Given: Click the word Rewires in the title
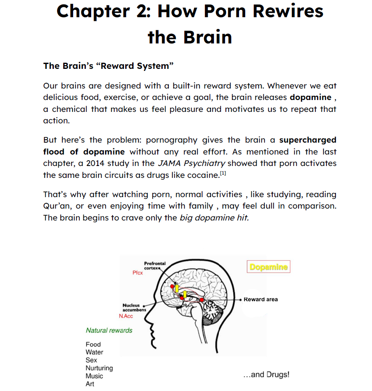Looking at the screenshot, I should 288,11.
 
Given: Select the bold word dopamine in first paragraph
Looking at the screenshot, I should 310,98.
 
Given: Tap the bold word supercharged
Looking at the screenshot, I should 308,140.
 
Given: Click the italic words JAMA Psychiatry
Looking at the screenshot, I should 191,163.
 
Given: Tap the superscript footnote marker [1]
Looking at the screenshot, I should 223,173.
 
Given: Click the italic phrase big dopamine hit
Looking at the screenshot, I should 214,218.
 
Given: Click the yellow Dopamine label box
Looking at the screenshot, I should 269,267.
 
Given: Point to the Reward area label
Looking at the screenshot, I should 260,300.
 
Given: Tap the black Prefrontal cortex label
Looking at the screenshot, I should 154,265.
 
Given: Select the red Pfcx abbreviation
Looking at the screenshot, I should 138,273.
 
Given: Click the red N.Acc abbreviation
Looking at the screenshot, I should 126,316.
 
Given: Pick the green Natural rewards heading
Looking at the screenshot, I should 109,330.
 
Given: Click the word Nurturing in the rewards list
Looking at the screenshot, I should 99,368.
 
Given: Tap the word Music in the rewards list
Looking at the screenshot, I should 94,376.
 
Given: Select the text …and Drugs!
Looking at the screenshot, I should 266,375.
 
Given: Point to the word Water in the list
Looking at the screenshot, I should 94,352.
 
